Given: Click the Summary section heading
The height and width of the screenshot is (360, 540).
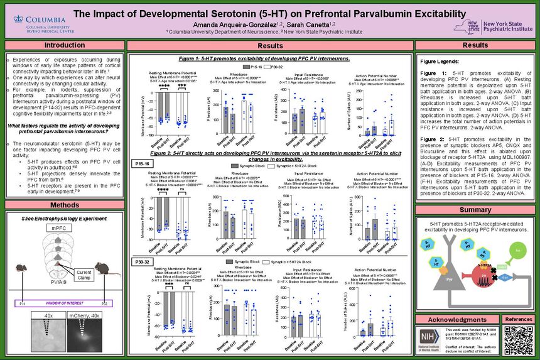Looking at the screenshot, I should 475,210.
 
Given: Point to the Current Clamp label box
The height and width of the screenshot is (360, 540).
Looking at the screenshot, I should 84,274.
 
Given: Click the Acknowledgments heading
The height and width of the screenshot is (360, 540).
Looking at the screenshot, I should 444,320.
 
